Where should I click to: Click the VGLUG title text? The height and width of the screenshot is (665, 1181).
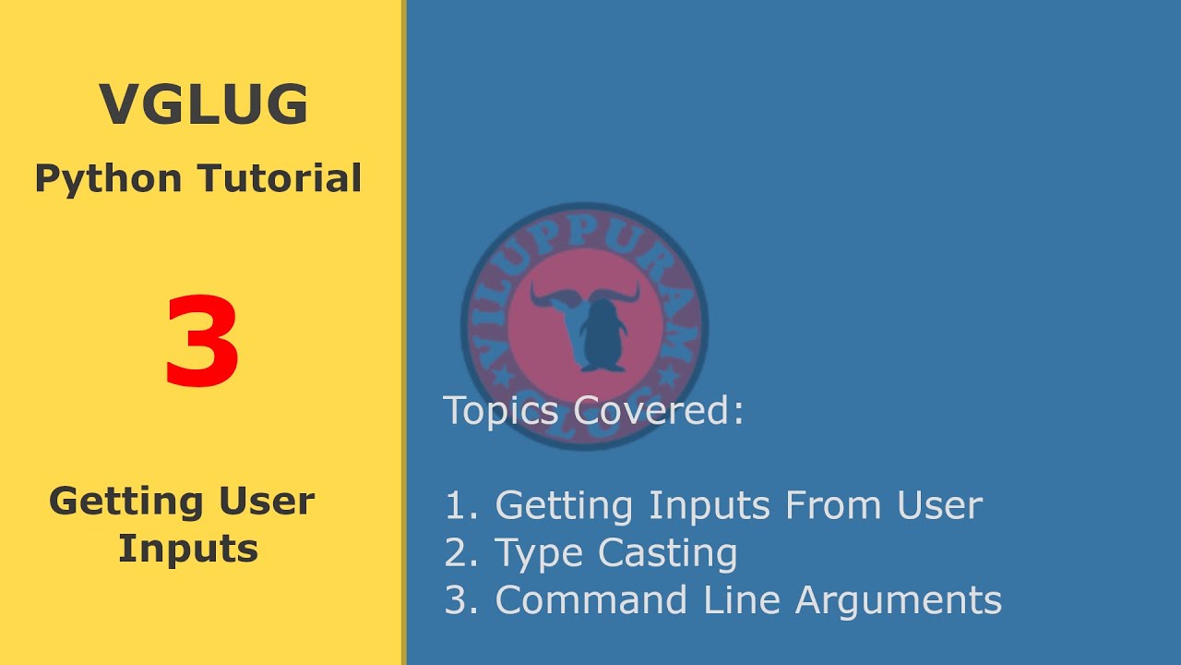coord(203,104)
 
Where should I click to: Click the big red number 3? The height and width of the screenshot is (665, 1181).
coord(202,343)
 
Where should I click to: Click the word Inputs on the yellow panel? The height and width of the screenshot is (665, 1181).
coord(187,549)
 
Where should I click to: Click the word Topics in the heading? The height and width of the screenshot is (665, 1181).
coord(502,410)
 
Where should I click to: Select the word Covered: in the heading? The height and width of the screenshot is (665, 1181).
coord(659,410)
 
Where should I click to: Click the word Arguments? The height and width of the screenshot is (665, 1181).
coord(898,601)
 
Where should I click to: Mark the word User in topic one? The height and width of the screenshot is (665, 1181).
coord(938,505)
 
